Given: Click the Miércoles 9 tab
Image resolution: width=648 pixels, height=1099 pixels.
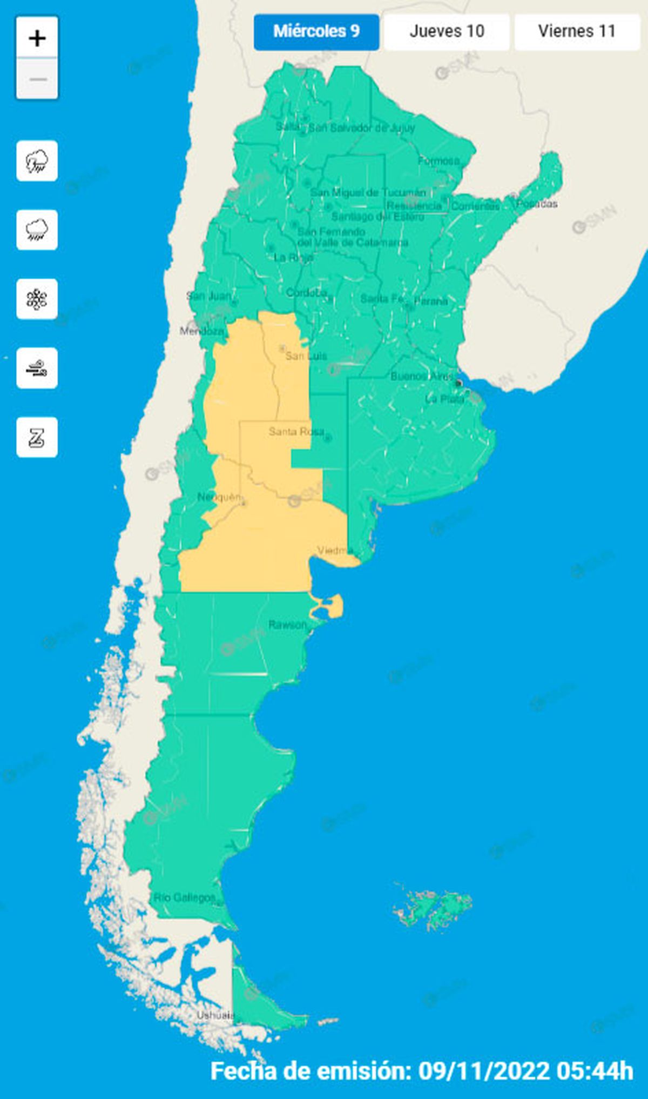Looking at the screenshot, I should tap(316, 31).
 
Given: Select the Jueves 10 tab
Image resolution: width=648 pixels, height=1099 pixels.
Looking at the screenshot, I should tap(447, 31).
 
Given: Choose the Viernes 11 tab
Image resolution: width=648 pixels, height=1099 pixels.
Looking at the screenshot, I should tap(577, 31).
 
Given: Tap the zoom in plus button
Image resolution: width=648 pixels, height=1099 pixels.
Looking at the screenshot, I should tap(37, 38).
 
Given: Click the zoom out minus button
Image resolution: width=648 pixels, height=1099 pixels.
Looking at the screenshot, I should tap(37, 79).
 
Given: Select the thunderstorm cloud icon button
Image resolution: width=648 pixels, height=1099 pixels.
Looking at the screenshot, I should tap(37, 161).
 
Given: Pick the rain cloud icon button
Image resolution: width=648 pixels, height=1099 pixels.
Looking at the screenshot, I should tap(37, 230).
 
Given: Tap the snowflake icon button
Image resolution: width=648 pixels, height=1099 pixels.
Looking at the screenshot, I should tap(37, 299).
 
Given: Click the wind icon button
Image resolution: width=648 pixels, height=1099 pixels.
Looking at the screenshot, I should tap(37, 368).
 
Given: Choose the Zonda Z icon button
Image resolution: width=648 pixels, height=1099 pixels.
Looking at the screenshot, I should tap(37, 438).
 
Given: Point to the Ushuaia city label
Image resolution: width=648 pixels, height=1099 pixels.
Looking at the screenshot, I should tap(215, 1015).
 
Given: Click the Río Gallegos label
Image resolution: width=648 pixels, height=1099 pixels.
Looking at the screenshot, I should tap(184, 897).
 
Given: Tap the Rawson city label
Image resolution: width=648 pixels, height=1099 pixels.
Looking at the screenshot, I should tap(287, 625).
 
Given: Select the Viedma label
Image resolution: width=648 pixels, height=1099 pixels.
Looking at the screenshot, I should tap(335, 551).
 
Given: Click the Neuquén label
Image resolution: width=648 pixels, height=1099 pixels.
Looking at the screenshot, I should tap(219, 497).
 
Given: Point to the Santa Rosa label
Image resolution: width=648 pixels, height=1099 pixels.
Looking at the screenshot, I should tap(296, 431).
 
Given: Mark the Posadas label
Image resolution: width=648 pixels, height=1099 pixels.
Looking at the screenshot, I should tap(537, 204).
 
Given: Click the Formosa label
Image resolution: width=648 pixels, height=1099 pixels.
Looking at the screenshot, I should tap(438, 160).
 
